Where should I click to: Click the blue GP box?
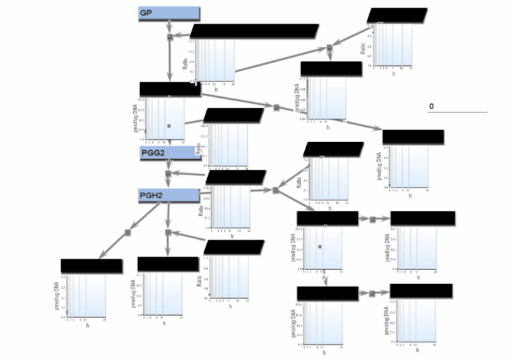[x=168, y=13]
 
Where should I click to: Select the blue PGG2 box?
[x=170, y=153]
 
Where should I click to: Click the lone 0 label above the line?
[x=431, y=107]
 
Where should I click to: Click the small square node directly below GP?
[x=170, y=37]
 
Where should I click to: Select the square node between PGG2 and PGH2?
[x=168, y=174]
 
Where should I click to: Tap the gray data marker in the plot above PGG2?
[x=169, y=126]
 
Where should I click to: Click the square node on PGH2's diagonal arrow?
[x=128, y=232]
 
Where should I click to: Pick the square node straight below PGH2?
[x=167, y=232]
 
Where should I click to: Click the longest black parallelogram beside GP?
[x=254, y=31]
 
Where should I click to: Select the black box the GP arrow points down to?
[x=170, y=88]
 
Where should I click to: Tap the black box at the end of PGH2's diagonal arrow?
[x=91, y=265]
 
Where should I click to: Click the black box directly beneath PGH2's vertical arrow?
[x=167, y=264]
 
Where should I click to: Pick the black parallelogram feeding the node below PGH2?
[x=234, y=247]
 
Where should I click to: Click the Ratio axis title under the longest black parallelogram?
[x=185, y=65]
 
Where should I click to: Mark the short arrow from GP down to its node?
[x=170, y=26]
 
